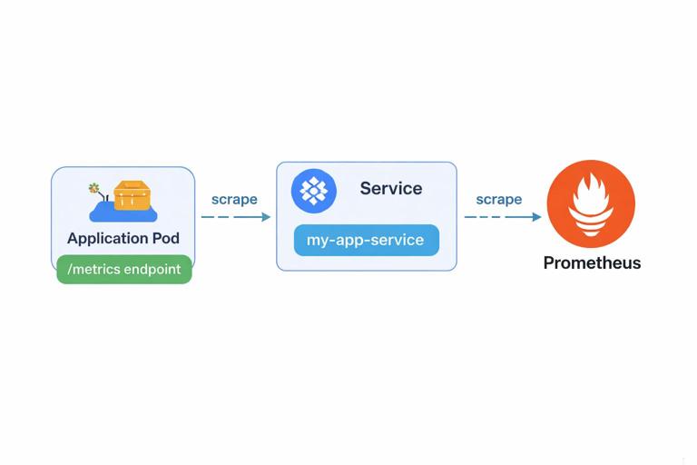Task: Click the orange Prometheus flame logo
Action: coord(591,204)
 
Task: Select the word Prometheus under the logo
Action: coord(592,263)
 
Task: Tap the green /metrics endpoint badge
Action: coord(124,270)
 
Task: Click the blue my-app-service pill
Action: coord(366,241)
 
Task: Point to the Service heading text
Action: coord(390,189)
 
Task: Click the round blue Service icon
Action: coord(314,191)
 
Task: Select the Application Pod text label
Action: coord(123,238)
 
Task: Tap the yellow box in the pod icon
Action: coord(132,194)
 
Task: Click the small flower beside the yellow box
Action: coord(93,189)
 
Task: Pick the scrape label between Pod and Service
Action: coord(234,199)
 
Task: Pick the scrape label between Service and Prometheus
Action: coord(498,199)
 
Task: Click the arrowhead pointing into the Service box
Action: coord(266,217)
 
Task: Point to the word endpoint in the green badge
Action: coord(152,270)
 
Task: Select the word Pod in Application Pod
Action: coord(164,238)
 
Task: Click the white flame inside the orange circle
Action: coord(591,203)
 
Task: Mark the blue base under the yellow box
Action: coord(123,213)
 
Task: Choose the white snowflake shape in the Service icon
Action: coord(314,191)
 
